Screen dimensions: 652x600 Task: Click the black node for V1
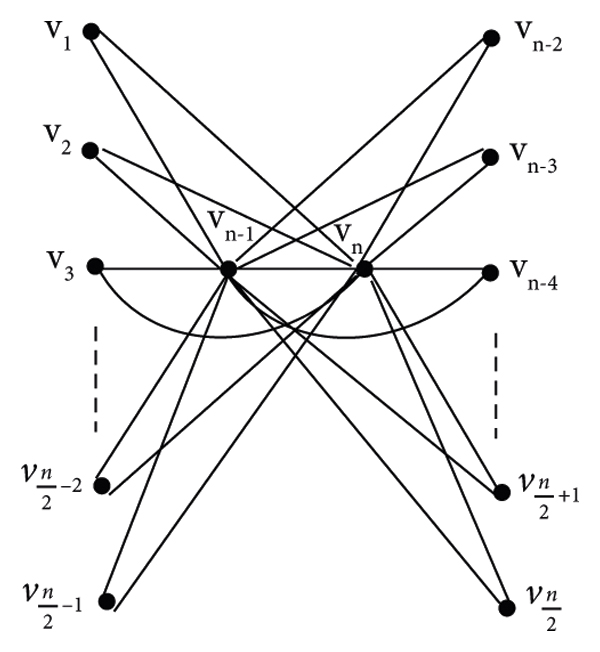[90, 32]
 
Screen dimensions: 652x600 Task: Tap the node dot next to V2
[89, 151]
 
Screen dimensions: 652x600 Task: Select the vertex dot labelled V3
[95, 266]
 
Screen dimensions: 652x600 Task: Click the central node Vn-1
[228, 269]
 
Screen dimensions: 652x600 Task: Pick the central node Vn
[364, 269]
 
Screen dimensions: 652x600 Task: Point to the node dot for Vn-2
[491, 38]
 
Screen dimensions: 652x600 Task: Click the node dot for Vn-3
[491, 156]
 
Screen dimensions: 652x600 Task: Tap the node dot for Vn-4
[491, 271]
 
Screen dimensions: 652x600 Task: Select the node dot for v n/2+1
[503, 491]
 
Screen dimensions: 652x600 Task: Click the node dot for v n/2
[504, 605]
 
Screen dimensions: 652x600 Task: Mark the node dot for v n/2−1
[107, 602]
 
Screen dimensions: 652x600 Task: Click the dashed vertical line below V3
[96, 377]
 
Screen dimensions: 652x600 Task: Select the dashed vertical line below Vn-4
[496, 386]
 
